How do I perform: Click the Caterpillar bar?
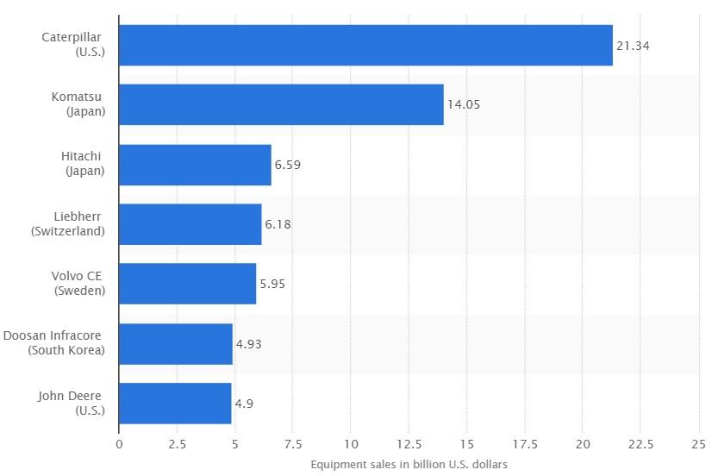coord(365,46)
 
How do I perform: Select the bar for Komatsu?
coord(281,105)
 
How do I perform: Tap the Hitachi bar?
coord(195,165)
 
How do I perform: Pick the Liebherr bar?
coord(190,224)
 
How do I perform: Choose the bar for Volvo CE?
coord(187,284)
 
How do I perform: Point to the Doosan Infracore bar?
coord(176,344)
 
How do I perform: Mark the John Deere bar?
coord(175,404)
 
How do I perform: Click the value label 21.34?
coord(633,46)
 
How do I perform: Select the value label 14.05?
coord(464,105)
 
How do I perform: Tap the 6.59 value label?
coord(288,165)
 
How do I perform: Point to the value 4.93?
coord(248,344)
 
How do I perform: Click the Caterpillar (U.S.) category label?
coord(72,45)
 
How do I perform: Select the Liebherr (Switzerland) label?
coord(67,224)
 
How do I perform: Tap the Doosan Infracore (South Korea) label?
coord(54,343)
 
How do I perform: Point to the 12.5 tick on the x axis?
coord(409,445)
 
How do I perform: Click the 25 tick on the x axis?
coord(698,445)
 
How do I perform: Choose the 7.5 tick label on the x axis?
coord(293,445)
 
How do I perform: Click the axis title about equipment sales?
coord(409,465)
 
